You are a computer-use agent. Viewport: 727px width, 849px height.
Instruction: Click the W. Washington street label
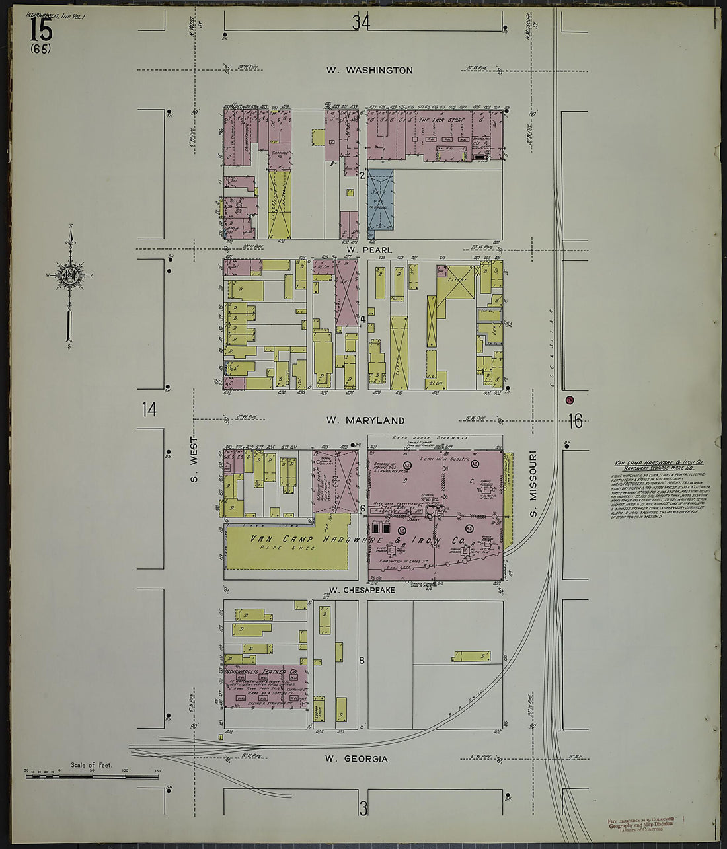coord(370,70)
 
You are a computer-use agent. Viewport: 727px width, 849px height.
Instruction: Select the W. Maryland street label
coord(365,420)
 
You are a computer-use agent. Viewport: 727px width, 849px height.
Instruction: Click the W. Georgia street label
coord(356,759)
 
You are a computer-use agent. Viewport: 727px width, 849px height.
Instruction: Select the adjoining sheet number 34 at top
coord(361,23)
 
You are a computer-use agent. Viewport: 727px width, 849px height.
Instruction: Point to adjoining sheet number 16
coord(575,421)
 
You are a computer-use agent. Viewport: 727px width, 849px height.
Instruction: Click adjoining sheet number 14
coord(149,410)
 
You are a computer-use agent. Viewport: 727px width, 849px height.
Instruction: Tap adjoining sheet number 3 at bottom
coord(363,807)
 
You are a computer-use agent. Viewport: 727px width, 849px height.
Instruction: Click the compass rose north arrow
coord(69,277)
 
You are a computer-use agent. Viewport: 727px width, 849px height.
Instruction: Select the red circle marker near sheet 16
coord(570,400)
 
